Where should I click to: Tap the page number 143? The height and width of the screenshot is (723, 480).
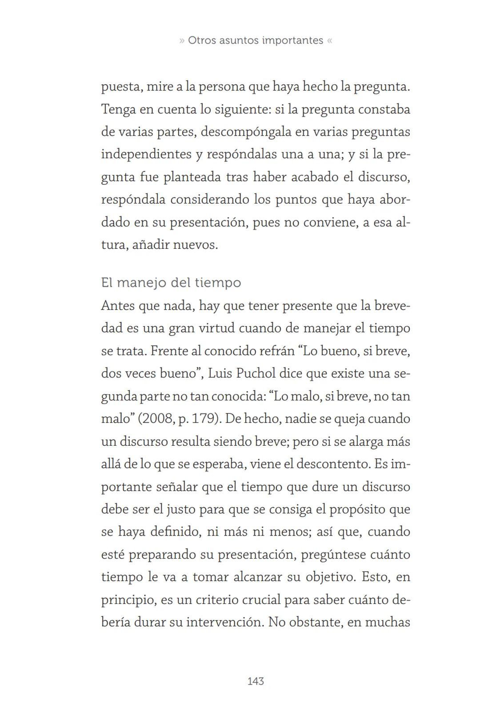[256, 681]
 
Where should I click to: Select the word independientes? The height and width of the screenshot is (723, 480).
[145, 154]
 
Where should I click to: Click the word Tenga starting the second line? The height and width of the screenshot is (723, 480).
[118, 109]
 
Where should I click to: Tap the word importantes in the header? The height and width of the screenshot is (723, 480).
[292, 40]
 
